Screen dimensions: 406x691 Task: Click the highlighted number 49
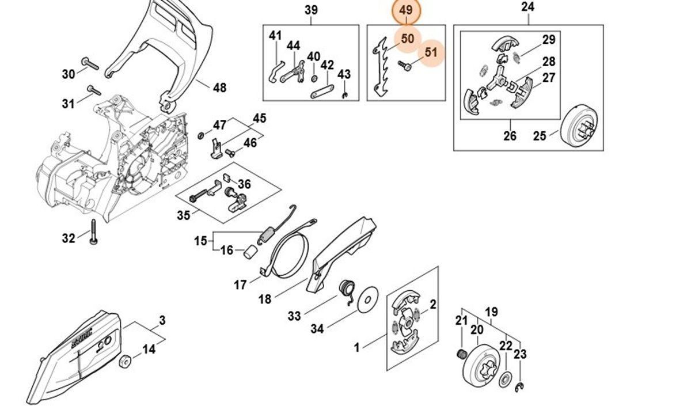pyautogui.click(x=406, y=11)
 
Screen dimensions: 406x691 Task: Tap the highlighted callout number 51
pyautogui.click(x=431, y=52)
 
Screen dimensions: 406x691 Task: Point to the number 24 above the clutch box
pyautogui.click(x=527, y=7)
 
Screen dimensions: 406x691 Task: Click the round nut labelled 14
pyautogui.click(x=124, y=362)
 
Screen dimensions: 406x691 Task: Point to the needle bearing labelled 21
pyautogui.click(x=461, y=354)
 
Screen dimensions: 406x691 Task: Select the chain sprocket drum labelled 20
pyautogui.click(x=483, y=363)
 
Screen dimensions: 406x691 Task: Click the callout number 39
pyautogui.click(x=311, y=10)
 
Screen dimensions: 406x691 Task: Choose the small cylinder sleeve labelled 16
pyautogui.click(x=249, y=252)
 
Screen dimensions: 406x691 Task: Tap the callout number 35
pyautogui.click(x=183, y=215)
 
